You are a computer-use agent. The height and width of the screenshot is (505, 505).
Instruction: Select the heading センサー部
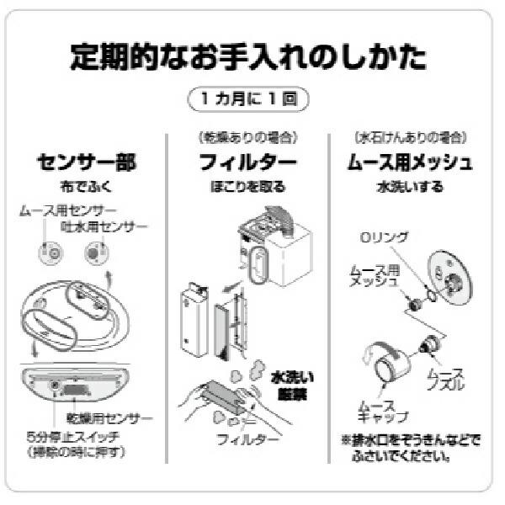coord(87,161)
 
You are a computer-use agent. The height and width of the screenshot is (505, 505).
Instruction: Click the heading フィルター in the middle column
coord(247,161)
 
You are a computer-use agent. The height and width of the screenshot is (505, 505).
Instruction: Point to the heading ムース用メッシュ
coord(410,161)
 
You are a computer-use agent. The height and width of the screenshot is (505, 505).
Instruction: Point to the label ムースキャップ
coord(384,410)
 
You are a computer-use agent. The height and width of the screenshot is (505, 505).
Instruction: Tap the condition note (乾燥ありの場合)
coord(247,136)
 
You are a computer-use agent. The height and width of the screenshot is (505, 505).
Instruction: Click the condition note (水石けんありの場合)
coord(410,136)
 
